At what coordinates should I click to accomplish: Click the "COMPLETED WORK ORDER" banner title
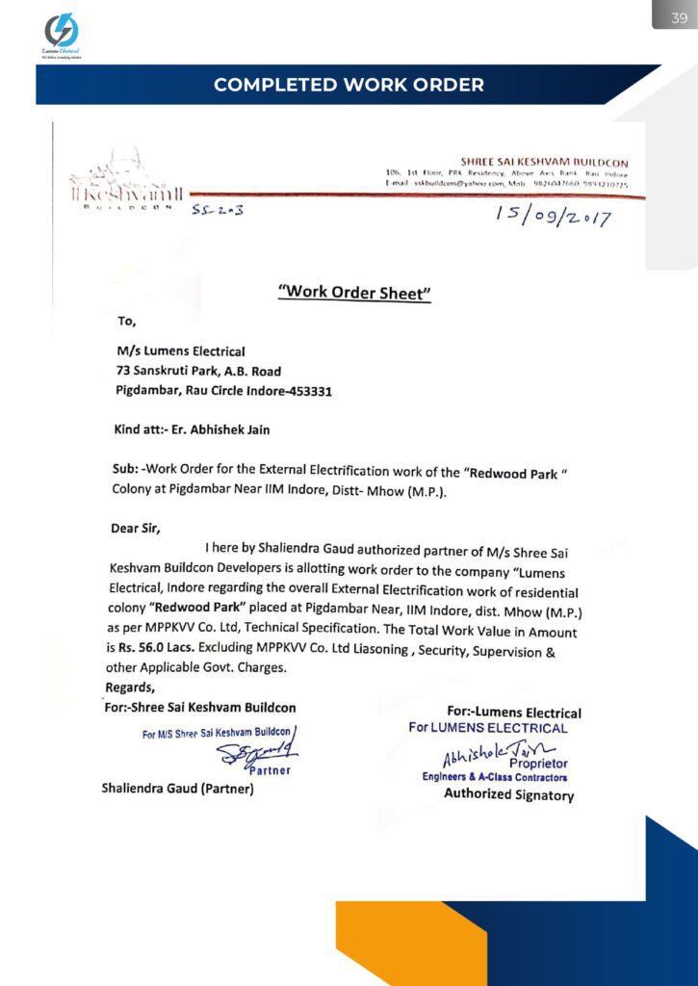point(349,85)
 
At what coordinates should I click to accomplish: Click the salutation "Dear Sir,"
point(136,527)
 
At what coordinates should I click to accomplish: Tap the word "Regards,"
point(129,688)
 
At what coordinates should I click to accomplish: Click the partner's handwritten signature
point(258,757)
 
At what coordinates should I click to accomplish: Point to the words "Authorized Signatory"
point(508,794)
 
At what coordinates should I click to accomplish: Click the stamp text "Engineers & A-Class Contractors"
point(495,777)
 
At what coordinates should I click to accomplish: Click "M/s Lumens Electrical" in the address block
point(181,351)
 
